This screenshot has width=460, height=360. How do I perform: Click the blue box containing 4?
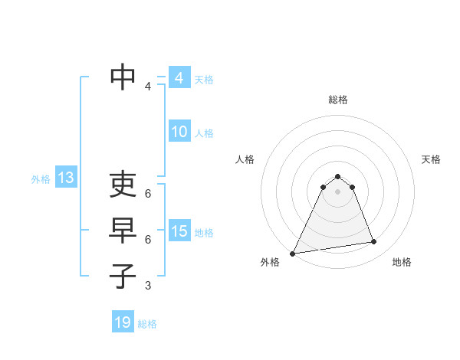coord(179,78)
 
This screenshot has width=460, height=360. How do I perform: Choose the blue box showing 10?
coord(179,132)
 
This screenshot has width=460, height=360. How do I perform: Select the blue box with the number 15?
coord(179,231)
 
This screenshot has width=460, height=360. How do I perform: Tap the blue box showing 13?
coord(65,178)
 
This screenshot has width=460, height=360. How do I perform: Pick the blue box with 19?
coord(123,322)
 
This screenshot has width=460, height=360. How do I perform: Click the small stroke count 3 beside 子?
coord(147,286)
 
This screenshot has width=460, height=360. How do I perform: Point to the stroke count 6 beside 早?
coord(147,239)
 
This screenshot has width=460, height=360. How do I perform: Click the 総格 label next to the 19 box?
coord(147,324)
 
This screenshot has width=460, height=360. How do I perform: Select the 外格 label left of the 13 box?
coord(41,179)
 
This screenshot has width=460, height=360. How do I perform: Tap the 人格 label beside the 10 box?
coord(204,133)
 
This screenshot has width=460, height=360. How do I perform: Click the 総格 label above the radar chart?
coord(337,100)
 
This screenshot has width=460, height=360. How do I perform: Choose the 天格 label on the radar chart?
coord(431,159)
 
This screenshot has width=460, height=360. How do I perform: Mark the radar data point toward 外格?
coord(293,254)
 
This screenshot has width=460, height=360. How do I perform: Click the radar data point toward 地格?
coord(374,242)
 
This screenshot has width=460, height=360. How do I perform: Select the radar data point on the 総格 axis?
coord(337,175)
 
